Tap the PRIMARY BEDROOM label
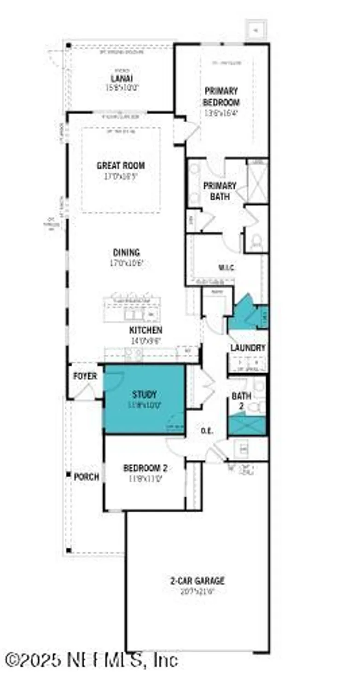click(x=221, y=96)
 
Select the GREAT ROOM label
click(x=121, y=165)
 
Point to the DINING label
click(x=126, y=252)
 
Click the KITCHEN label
click(x=145, y=330)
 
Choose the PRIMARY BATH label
click(x=220, y=191)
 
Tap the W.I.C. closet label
click(x=226, y=268)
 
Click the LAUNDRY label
click(x=248, y=348)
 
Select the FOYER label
click(x=85, y=376)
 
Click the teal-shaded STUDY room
click(x=144, y=399)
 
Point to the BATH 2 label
click(x=241, y=400)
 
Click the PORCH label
click(x=87, y=477)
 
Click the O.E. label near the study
click(x=207, y=431)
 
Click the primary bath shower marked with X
click(x=257, y=182)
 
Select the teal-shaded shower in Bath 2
click(x=248, y=426)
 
